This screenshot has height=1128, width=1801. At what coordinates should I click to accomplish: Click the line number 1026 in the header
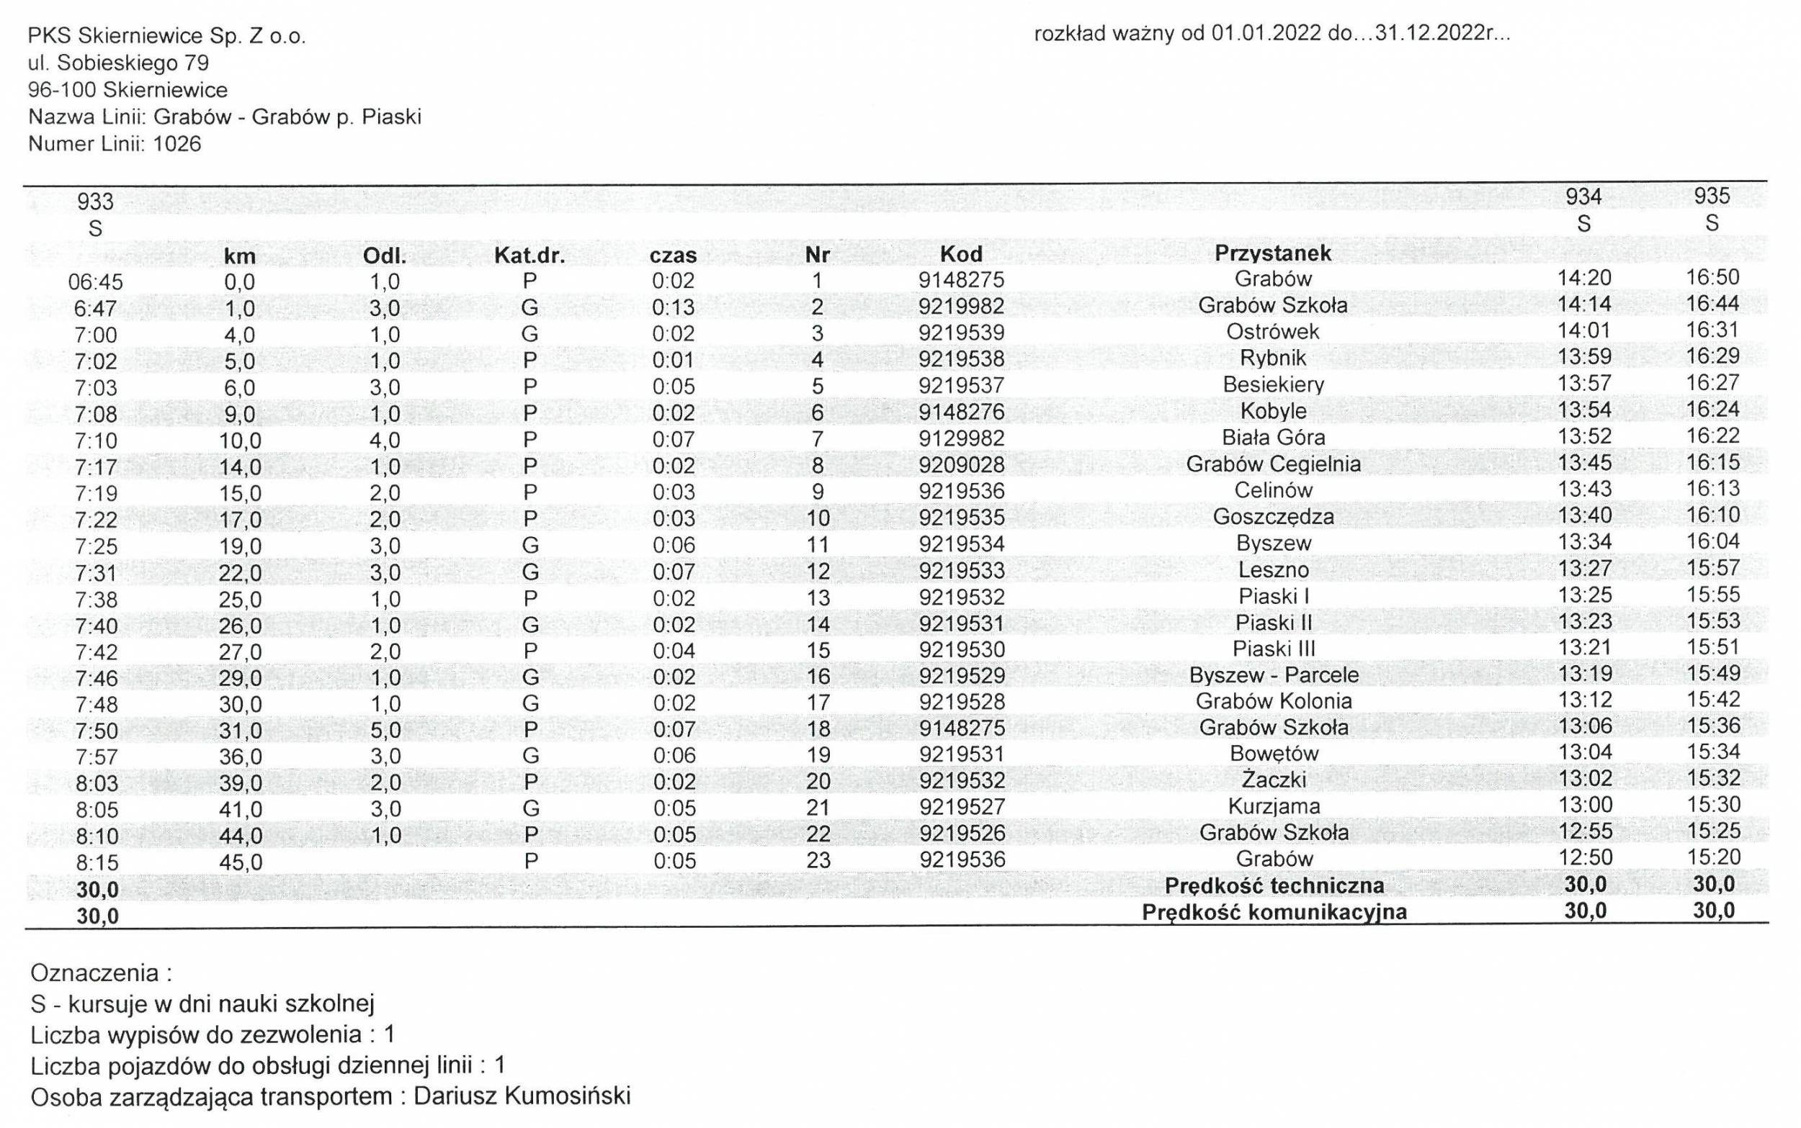(x=177, y=144)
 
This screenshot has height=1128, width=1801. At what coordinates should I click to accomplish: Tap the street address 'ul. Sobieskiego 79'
(x=118, y=63)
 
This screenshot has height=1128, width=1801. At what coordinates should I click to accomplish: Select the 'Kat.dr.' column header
(x=529, y=256)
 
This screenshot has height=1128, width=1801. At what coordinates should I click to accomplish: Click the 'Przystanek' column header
(x=1272, y=253)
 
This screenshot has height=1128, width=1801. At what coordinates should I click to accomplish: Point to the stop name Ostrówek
(x=1272, y=331)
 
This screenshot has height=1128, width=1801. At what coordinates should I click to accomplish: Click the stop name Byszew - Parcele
(x=1274, y=675)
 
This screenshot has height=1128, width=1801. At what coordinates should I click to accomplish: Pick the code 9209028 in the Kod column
(x=961, y=464)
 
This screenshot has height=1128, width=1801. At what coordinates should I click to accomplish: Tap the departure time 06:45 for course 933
(x=96, y=282)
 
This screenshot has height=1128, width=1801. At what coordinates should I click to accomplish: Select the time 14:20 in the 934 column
(x=1584, y=279)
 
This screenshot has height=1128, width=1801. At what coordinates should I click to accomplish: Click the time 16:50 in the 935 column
(x=1712, y=278)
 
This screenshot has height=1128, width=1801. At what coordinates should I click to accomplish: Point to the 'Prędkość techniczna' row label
(x=1274, y=885)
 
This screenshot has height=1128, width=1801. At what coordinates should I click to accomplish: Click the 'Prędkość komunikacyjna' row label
(x=1274, y=911)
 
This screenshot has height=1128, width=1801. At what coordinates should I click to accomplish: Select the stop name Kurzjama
(x=1274, y=806)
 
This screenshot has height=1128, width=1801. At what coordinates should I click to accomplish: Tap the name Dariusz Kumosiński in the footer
(x=522, y=1096)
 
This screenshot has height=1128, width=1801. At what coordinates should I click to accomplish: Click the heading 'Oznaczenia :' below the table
(x=102, y=973)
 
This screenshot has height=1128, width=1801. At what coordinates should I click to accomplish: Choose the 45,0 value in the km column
(x=240, y=862)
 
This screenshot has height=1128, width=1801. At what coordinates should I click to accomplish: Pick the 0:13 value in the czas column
(x=674, y=307)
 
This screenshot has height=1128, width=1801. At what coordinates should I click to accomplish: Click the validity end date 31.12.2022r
(x=1431, y=35)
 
